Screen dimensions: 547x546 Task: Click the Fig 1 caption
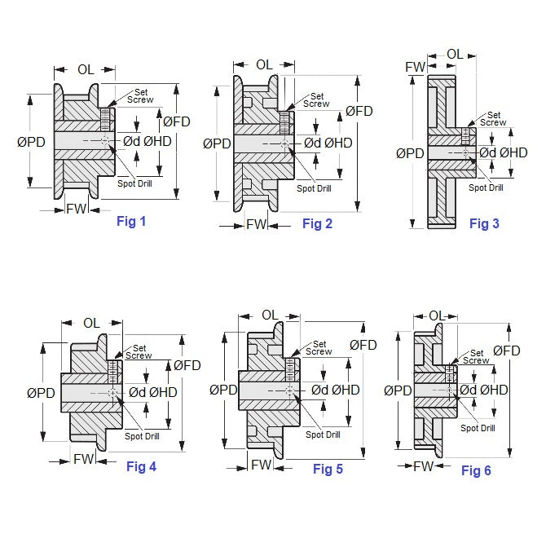pyautogui.click(x=131, y=221)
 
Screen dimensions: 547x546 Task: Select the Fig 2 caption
pyautogui.click(x=317, y=223)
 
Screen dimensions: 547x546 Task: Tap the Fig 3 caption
pyautogui.click(x=484, y=223)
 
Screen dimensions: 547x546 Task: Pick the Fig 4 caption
pyautogui.click(x=141, y=466)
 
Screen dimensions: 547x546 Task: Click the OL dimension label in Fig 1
pyautogui.click(x=86, y=70)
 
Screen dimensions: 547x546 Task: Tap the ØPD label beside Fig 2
pyautogui.click(x=217, y=143)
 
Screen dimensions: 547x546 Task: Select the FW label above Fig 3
pyautogui.click(x=416, y=66)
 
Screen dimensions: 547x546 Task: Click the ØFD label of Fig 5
pyautogui.click(x=363, y=345)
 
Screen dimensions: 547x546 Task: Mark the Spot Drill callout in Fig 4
pyautogui.click(x=142, y=436)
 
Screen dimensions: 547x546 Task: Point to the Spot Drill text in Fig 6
pyautogui.click(x=478, y=428)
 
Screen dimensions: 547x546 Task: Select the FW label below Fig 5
pyautogui.click(x=261, y=465)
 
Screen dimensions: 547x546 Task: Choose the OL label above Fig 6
pyautogui.click(x=437, y=315)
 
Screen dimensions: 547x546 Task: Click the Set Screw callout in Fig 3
pyautogui.click(x=492, y=119)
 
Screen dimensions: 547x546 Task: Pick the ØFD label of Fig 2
pyautogui.click(x=359, y=111)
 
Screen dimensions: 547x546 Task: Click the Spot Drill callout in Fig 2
pyautogui.click(x=314, y=188)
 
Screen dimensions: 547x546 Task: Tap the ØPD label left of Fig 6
pyautogui.click(x=397, y=390)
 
